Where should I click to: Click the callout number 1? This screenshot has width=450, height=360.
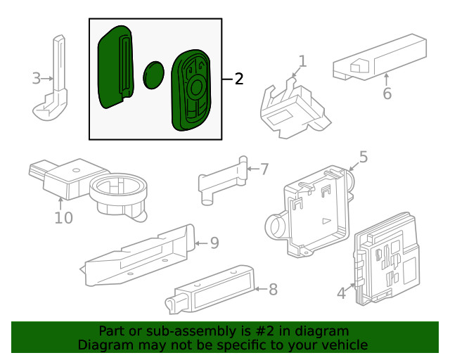tap(302, 62)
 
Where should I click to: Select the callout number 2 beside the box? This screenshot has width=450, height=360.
tap(239, 79)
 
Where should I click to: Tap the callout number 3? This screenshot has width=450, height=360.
tap(37, 78)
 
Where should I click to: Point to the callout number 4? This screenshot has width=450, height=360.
tap(342, 292)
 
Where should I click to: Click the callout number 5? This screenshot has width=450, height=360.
tap(363, 157)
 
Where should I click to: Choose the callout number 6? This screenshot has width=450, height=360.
tap(386, 94)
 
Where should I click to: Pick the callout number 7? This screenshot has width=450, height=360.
tap(264, 169)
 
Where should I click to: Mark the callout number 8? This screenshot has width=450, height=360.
tap(273, 288)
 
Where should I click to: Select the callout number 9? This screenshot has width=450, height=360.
tap(214, 243)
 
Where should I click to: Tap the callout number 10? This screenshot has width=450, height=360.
tap(63, 218)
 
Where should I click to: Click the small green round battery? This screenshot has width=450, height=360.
tap(154, 75)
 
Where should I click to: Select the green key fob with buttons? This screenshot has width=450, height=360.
tap(192, 89)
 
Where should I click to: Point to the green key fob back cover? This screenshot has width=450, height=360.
tap(115, 67)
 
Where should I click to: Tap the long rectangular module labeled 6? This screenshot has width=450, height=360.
tap(380, 58)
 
